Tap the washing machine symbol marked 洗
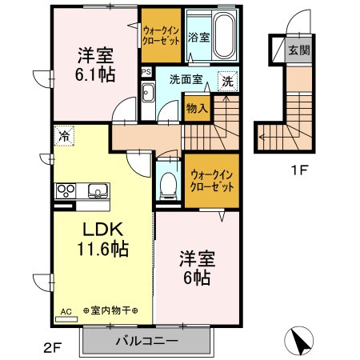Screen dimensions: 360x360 [228, 81]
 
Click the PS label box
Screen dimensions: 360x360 [145, 70]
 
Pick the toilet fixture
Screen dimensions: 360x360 [168, 185]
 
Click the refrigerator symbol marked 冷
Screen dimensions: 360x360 [63, 136]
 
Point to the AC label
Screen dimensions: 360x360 [65, 310]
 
